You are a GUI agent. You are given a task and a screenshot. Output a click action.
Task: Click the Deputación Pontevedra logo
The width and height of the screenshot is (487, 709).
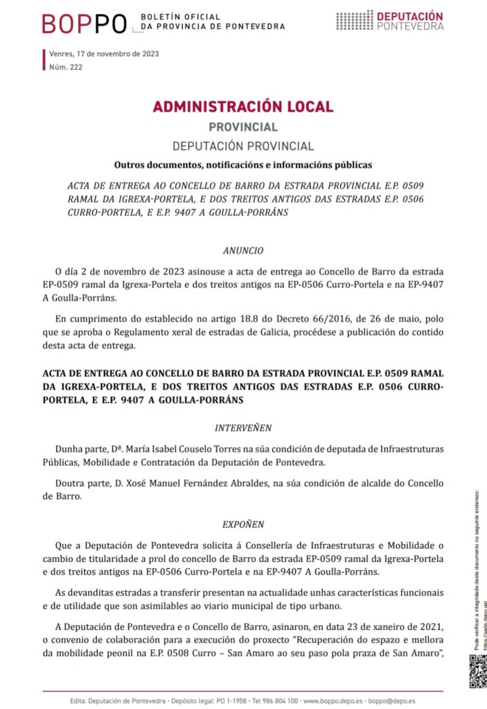point(390,21)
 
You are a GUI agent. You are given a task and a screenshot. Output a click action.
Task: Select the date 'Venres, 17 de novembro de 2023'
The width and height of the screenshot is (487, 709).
point(104,54)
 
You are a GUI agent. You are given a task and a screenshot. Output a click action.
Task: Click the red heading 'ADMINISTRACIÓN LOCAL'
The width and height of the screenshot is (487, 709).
point(243,107)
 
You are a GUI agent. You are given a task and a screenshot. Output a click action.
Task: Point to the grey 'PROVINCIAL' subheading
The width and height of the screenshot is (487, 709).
point(243,128)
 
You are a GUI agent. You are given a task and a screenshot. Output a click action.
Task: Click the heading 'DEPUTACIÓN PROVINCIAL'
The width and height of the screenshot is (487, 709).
point(243,146)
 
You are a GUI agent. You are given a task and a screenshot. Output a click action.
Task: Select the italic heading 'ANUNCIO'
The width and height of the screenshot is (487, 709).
point(243,250)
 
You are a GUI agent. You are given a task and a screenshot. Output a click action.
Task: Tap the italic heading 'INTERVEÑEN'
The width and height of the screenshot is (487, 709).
point(243,428)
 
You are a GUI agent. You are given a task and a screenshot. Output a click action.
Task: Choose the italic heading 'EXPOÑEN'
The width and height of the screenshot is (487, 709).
point(243,525)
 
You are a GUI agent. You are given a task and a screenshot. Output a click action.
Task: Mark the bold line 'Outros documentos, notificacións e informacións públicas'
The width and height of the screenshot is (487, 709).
point(243,165)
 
